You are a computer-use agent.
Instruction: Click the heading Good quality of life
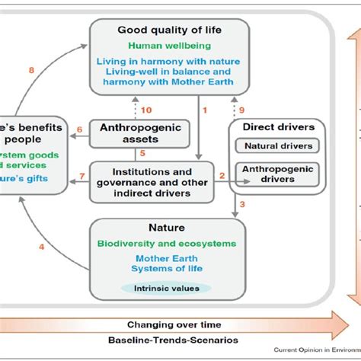click(168, 30)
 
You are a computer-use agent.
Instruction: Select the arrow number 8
click(31, 72)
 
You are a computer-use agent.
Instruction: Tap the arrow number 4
click(41, 246)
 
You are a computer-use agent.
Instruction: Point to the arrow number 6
click(80, 129)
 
